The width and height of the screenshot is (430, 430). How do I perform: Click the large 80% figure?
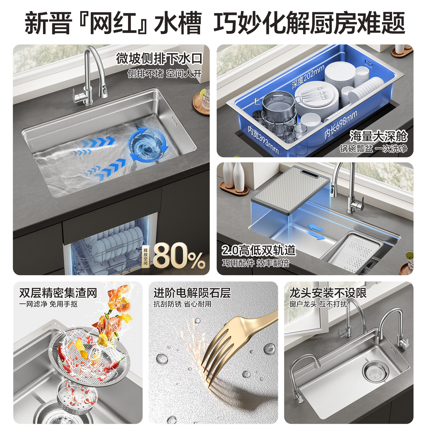click(x=179, y=256)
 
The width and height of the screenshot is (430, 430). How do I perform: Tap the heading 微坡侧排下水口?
click(x=159, y=59)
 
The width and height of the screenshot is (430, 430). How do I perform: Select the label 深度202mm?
click(x=308, y=76)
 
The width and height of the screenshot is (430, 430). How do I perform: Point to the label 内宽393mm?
click(x=263, y=140)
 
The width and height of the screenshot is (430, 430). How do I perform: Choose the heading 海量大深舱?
click(x=378, y=136)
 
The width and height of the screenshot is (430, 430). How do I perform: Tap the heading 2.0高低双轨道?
click(x=259, y=250)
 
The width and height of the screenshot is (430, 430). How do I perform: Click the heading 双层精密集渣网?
click(x=58, y=293)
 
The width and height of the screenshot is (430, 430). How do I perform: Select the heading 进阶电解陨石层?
click(x=192, y=293)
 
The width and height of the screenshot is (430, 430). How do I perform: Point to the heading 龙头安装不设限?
click(x=328, y=293)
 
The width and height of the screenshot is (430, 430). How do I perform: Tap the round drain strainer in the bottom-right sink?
click(x=375, y=372)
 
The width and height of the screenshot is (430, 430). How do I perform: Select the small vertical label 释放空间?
click(x=145, y=257)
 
